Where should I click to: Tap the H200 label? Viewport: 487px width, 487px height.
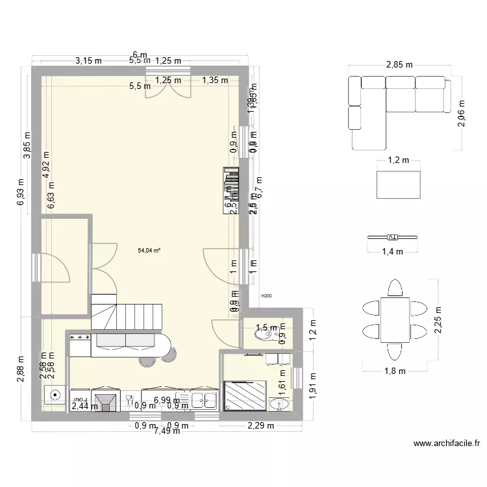[266, 296]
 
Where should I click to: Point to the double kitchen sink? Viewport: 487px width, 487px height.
[203, 401]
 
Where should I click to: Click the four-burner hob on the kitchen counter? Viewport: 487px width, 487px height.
[79, 338]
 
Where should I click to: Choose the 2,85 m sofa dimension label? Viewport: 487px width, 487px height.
[399, 66]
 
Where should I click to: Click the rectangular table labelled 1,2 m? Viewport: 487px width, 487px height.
[398, 184]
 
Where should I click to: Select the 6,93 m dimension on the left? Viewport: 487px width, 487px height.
[21, 193]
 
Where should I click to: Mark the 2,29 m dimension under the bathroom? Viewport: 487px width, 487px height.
[259, 426]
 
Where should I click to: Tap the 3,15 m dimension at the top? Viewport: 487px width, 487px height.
[89, 61]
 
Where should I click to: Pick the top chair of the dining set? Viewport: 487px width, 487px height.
[393, 286]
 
